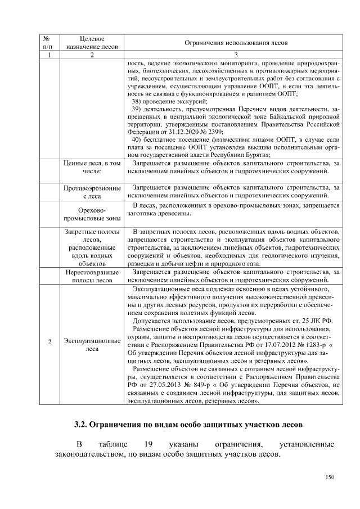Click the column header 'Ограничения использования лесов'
click(x=236, y=42)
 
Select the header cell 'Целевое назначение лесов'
click(x=92, y=42)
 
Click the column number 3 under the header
click(x=236, y=55)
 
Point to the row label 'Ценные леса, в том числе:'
click(x=92, y=166)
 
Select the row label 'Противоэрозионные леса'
click(x=92, y=191)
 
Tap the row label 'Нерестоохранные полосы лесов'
click(x=92, y=276)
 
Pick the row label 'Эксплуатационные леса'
click(x=92, y=345)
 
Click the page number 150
click(x=330, y=478)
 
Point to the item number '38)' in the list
click(x=136, y=100)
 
